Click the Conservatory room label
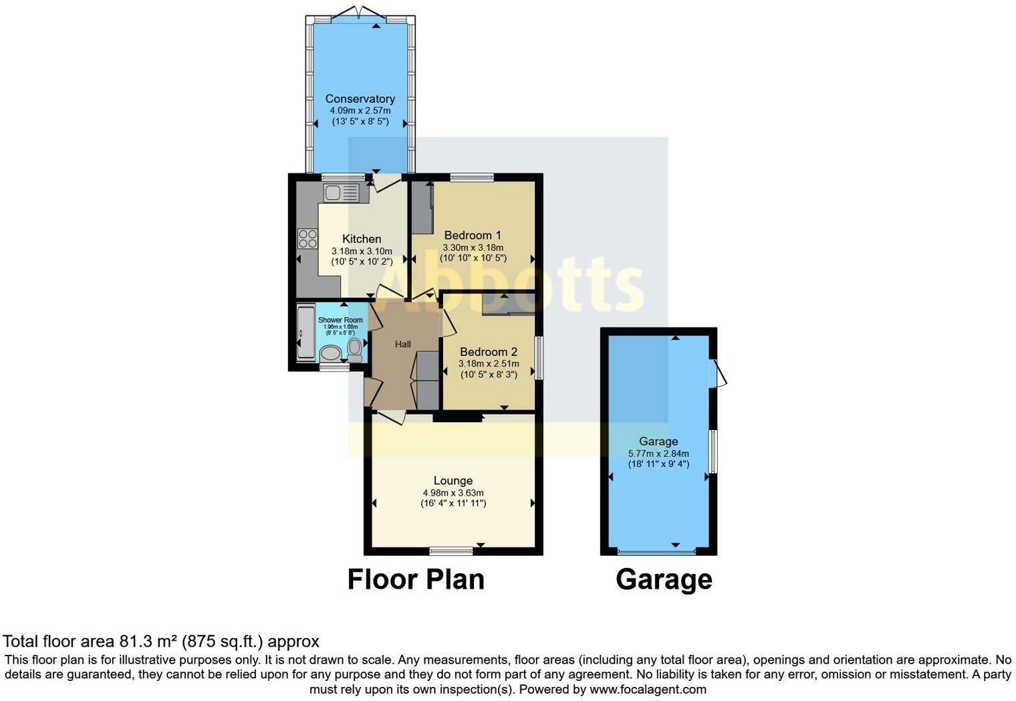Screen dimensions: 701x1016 tap(360, 99)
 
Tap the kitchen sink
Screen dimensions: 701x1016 tap(341, 193)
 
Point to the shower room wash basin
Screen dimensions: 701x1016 tap(329, 353)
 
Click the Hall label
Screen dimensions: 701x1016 tap(402, 344)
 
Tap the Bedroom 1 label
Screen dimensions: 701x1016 tap(473, 235)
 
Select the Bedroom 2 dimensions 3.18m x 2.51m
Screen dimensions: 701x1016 tap(488, 364)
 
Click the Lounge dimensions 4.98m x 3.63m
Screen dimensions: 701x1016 tap(453, 493)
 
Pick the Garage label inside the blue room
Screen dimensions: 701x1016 tap(658, 441)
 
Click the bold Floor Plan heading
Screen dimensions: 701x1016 tap(416, 579)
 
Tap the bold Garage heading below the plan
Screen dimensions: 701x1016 tap(664, 579)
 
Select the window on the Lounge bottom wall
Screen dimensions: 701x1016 tap(451, 551)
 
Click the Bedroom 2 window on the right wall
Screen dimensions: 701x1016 tap(538, 359)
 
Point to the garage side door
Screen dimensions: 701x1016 tap(719, 373)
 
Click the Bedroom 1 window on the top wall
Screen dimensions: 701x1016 tap(472, 177)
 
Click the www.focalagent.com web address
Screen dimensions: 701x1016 tap(648, 689)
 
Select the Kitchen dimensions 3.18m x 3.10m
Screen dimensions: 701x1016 tap(362, 252)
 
